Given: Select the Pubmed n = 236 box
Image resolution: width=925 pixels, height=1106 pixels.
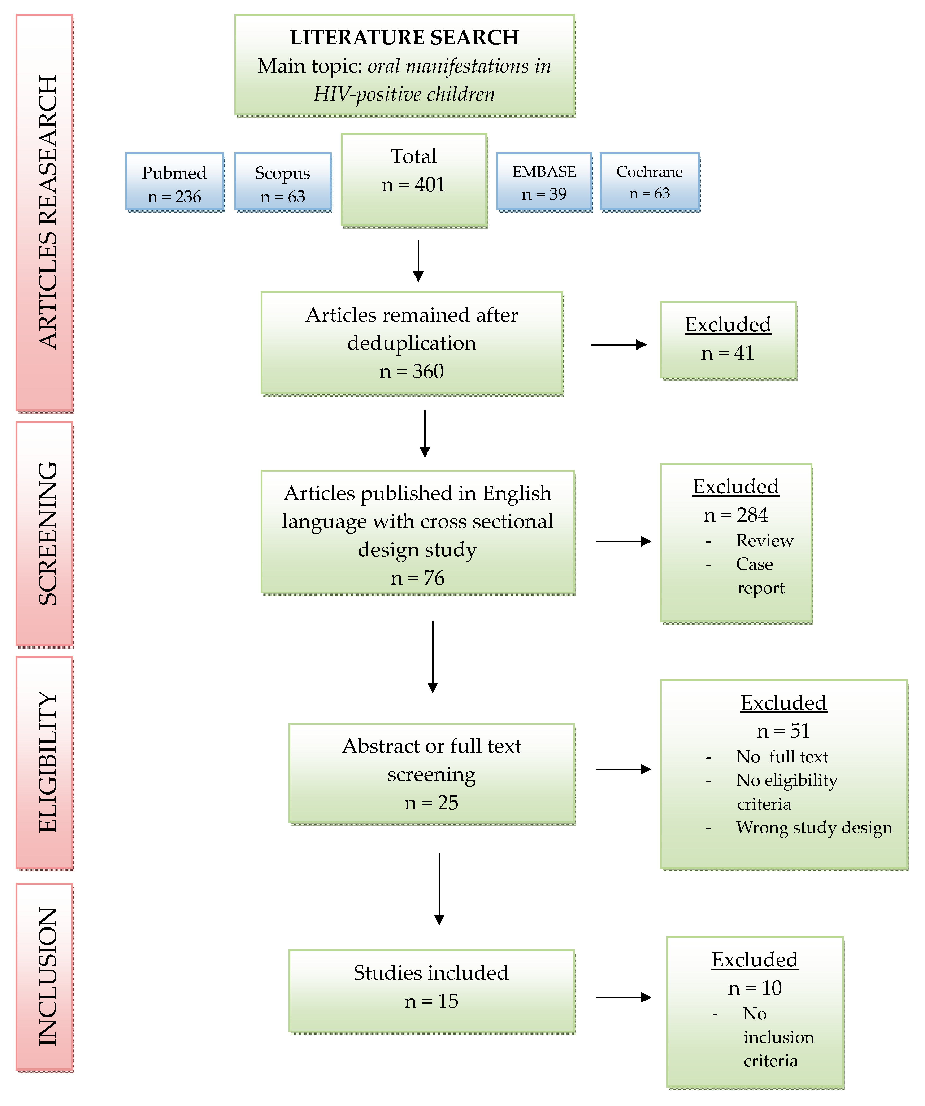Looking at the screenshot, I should point(174,182).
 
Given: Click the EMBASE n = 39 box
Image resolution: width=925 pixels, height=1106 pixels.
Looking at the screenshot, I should point(544,182).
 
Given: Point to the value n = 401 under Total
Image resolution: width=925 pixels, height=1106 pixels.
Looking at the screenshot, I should point(414,185).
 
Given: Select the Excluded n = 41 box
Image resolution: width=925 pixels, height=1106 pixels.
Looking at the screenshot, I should point(728,340).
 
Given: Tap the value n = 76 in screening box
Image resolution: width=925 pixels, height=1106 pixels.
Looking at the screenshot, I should point(417,578).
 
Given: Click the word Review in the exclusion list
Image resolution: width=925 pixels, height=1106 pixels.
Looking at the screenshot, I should point(764,541).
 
